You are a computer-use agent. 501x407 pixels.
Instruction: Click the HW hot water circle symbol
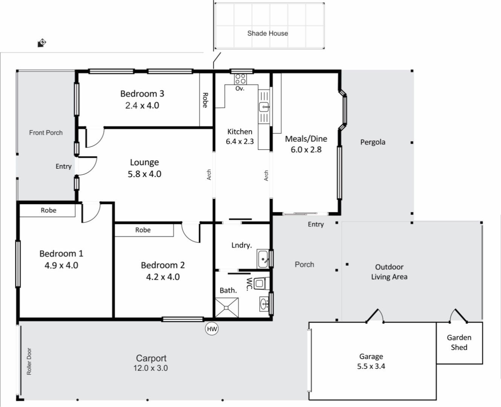[212, 329]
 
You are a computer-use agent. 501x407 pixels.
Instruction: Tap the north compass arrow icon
[42, 43]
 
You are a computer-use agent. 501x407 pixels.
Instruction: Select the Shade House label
[268, 34]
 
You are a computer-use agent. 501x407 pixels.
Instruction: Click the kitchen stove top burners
[241, 79]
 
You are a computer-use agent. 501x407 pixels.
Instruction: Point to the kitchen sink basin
[264, 107]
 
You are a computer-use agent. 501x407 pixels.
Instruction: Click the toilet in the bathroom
[262, 283]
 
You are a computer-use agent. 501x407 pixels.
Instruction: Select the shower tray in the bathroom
[227, 308]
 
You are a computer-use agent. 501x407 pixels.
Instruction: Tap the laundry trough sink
[263, 259]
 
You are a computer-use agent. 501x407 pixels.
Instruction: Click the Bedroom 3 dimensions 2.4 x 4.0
[142, 105]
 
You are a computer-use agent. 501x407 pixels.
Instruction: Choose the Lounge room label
[144, 162]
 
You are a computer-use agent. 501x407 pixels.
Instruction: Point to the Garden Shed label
[459, 342]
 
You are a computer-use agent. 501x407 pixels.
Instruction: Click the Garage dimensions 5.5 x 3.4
[371, 367]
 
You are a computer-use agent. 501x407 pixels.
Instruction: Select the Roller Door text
[29, 361]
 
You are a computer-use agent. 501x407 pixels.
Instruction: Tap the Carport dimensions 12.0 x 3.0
[150, 368]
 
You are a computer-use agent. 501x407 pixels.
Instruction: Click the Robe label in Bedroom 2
[143, 230]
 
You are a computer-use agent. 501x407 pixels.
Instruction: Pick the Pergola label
[373, 142]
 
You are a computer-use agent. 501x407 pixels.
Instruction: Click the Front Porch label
[46, 133]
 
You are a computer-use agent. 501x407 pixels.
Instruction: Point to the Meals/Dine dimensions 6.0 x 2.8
[306, 150]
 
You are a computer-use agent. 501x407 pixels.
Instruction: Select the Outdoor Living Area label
[389, 272]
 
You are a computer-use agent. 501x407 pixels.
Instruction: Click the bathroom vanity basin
[264, 304]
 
